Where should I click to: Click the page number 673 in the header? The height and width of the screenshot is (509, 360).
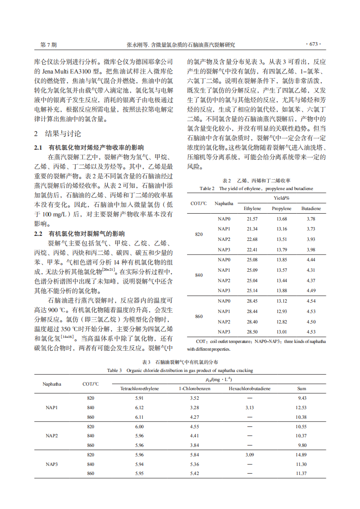[314, 44]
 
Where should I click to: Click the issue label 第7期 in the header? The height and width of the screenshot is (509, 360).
[49, 45]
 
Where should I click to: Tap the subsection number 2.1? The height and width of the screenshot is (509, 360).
[39, 148]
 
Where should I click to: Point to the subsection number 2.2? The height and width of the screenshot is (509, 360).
[39, 234]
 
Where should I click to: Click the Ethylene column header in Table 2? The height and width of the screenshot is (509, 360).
[252, 209]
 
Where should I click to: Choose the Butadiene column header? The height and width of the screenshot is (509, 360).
[311, 209]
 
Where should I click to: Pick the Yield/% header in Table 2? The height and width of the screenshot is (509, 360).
[281, 198]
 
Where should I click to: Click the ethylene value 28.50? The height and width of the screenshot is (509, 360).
[252, 332]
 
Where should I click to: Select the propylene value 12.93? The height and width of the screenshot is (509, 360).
[281, 311]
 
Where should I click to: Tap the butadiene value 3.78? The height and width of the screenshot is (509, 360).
[311, 219]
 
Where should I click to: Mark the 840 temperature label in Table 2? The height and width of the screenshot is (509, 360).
[199, 275]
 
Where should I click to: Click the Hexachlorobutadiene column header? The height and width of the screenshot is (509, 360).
[250, 389]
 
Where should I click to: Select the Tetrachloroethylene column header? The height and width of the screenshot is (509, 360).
[139, 389]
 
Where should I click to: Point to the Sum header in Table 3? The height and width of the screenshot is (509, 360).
[301, 389]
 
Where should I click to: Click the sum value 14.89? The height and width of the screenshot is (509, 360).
[301, 455]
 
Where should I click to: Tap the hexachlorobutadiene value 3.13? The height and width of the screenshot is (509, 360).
[250, 407]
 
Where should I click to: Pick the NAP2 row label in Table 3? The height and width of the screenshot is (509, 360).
[52, 436]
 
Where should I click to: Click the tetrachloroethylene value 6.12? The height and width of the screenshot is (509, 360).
[139, 407]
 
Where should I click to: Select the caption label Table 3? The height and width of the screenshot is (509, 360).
[114, 370]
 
